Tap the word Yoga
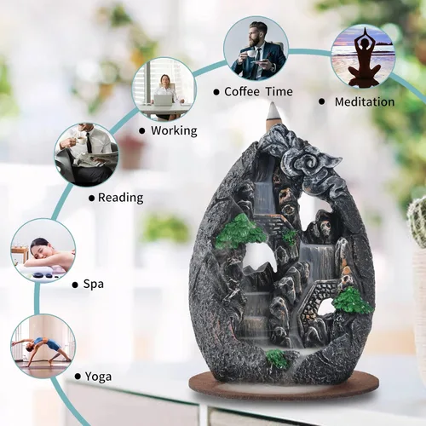[x=98, y=377]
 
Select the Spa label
[x=94, y=285]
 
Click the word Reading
[x=121, y=198]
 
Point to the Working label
[x=174, y=131]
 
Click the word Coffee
[x=242, y=91]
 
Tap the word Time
[x=279, y=92]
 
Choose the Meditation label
[x=365, y=102]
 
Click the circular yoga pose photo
[x=43, y=347]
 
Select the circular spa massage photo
[x=43, y=250]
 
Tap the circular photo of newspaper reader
[x=86, y=155]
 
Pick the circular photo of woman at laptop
[x=164, y=89]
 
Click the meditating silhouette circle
[x=363, y=56]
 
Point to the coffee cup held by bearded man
[x=249, y=53]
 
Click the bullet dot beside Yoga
[x=78, y=377]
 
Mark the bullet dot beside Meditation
[x=321, y=101]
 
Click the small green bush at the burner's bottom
[x=275, y=359]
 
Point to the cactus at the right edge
[x=417, y=221]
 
